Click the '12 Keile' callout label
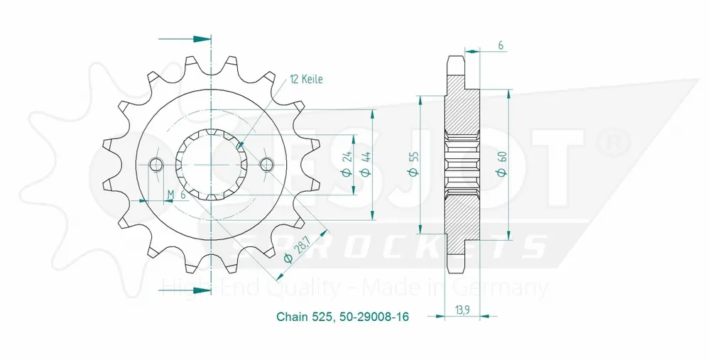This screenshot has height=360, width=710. pyautogui.click(x=306, y=80)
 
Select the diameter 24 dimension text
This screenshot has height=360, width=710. pyautogui.click(x=348, y=165)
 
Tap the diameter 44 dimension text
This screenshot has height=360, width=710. pyautogui.click(x=367, y=165)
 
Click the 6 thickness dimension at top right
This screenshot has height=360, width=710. pyautogui.click(x=501, y=45)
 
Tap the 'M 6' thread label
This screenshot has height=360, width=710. pyautogui.click(x=175, y=195)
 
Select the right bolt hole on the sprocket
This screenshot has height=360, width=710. pyautogui.click(x=267, y=165)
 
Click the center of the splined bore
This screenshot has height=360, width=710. pyautogui.click(x=212, y=165)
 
